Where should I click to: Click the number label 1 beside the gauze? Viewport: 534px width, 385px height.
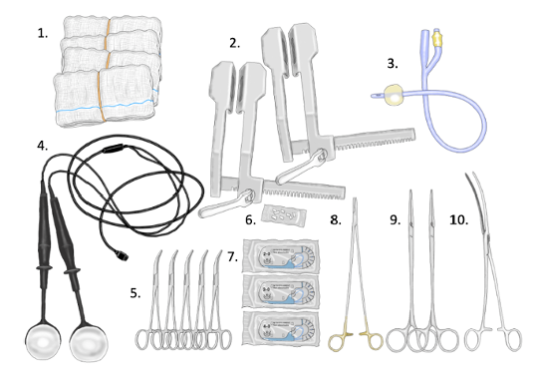[x=42, y=34]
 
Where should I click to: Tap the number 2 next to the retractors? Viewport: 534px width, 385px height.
[x=234, y=43]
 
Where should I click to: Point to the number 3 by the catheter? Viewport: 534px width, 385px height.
[x=393, y=64]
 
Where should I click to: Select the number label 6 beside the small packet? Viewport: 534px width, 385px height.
[x=250, y=220]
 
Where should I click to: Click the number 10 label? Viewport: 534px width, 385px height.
[x=458, y=220]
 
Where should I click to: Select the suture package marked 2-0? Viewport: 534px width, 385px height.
[x=281, y=256]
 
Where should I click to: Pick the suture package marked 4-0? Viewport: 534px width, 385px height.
[x=281, y=329]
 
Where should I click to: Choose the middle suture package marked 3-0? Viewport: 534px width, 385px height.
[x=281, y=292]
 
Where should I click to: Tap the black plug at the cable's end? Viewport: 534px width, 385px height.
[x=122, y=255]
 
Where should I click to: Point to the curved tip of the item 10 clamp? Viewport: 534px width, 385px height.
[x=466, y=175]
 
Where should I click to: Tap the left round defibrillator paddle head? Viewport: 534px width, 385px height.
[x=43, y=341]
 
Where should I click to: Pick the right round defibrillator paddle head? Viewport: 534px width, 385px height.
[x=89, y=342]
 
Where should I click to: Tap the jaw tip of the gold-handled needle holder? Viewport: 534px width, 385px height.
[x=355, y=199]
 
